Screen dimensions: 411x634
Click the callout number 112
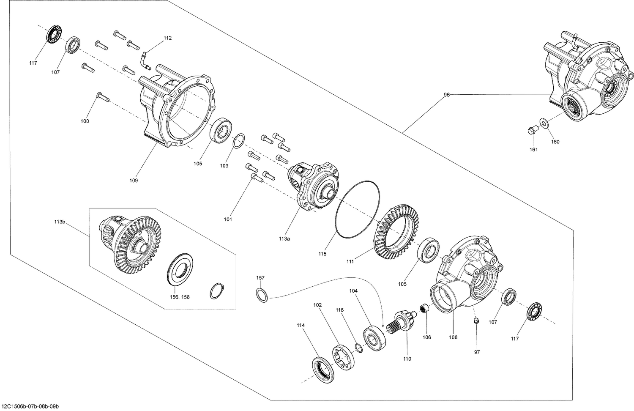tap(167, 38)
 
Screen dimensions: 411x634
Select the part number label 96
tap(446, 95)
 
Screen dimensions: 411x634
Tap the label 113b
tap(60, 222)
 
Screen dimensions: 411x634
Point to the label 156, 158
tap(180, 297)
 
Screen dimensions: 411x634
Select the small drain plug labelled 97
tap(476, 322)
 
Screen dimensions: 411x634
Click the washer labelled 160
tap(544, 124)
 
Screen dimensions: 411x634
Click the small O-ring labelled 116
tap(358, 348)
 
